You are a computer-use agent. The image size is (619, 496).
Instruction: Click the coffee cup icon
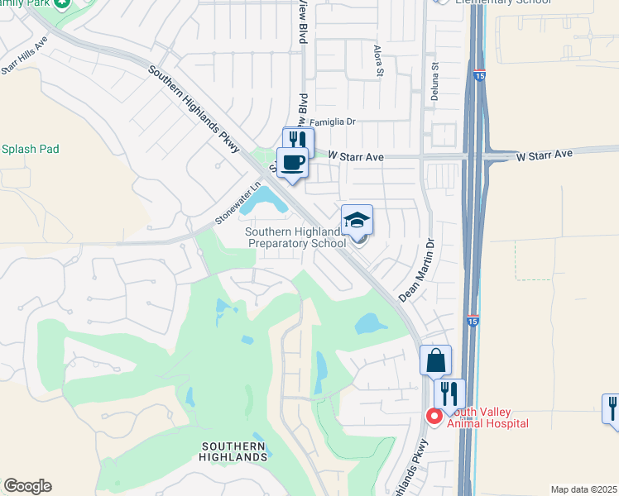tap(291, 162)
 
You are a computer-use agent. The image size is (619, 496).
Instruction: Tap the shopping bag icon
tap(435, 360)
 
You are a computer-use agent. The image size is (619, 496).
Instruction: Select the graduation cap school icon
tap(357, 220)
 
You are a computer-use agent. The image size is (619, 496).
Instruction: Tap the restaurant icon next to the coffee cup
tap(298, 141)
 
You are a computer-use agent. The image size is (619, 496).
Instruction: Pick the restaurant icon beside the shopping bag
tap(449, 393)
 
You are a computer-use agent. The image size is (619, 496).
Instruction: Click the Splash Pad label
tap(30, 150)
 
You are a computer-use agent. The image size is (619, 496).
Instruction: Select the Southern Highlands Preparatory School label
tap(295, 238)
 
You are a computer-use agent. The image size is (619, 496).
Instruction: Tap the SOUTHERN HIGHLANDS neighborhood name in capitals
tap(235, 451)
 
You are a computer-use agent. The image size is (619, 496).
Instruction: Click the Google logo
tap(27, 486)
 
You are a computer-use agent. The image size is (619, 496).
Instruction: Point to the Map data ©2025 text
tap(583, 489)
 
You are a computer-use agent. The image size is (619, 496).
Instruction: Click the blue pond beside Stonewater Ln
tap(266, 198)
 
